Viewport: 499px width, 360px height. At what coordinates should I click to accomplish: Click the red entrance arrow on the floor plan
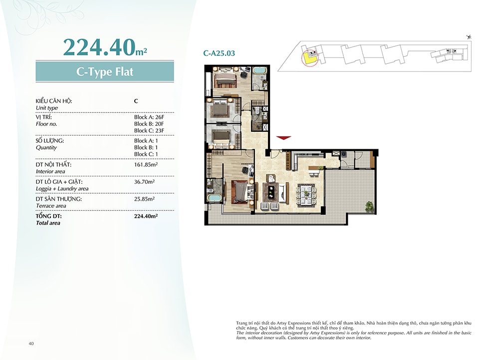[x=283, y=138]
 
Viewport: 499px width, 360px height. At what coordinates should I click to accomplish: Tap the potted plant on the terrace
[x=369, y=207]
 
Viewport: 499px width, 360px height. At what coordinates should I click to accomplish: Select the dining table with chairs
[x=306, y=195]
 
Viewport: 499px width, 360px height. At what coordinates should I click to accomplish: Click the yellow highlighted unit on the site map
[x=309, y=58]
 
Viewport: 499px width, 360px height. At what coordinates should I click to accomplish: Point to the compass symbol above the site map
[x=469, y=37]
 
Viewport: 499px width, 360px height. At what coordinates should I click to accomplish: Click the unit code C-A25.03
[x=219, y=53]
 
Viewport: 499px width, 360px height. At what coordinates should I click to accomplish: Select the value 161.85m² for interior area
[x=146, y=165]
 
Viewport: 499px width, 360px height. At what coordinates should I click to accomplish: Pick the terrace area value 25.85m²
[x=145, y=199]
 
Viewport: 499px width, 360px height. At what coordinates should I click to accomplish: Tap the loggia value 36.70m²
[x=145, y=182]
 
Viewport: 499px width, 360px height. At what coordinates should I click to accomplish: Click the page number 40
[x=31, y=344]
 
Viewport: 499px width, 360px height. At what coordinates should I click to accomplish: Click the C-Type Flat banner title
[x=105, y=71]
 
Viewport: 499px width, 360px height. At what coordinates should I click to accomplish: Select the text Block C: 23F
[x=149, y=130]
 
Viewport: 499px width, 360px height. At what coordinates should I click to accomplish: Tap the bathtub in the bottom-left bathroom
[x=214, y=198]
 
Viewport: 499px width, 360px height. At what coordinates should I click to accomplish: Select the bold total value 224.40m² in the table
[x=146, y=216]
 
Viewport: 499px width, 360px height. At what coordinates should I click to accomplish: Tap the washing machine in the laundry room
[x=344, y=155]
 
